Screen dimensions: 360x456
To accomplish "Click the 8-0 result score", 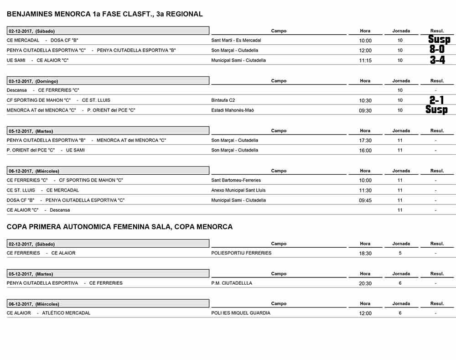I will click(437, 49).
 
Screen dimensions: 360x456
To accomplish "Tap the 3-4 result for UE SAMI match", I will click(437, 60).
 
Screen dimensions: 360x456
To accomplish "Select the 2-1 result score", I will click(437, 100).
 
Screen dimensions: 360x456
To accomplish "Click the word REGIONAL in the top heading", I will click(184, 14).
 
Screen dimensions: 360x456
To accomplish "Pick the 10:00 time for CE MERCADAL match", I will click(365, 41).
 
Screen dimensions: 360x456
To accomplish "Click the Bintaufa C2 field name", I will click(223, 100).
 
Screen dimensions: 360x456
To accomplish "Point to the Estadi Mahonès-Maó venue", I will click(233, 110).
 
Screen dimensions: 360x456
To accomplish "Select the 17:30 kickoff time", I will click(365, 141).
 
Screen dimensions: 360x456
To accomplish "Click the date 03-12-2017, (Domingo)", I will click(34, 81).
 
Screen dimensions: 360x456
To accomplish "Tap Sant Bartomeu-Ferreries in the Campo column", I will click(236, 180).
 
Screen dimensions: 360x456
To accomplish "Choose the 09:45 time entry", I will click(365, 200).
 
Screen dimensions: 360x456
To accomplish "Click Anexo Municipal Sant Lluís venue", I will click(238, 190).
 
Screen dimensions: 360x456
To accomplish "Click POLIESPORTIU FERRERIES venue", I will click(241, 253).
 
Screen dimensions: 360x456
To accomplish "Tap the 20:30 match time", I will click(365, 283).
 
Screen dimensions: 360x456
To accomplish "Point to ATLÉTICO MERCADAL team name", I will click(66, 313).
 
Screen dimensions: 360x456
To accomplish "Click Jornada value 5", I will click(400, 253).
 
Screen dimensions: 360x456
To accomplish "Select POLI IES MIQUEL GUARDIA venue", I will click(241, 313).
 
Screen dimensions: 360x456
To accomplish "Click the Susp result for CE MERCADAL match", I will click(439, 40).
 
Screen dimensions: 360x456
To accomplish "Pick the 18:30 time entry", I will click(365, 254).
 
